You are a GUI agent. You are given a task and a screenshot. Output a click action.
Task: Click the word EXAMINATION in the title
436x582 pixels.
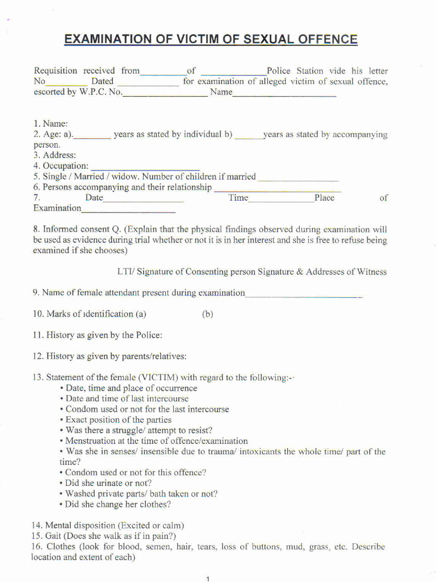click(105, 39)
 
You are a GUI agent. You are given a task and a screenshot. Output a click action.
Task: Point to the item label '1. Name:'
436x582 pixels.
click(51, 123)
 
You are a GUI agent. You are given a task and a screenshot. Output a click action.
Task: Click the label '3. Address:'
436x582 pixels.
click(54, 155)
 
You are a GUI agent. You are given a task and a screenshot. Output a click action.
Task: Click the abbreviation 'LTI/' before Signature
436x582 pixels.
click(125, 272)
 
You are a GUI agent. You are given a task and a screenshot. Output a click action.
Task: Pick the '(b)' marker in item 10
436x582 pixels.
click(207, 314)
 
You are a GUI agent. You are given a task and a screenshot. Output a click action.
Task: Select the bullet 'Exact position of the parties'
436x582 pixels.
click(118, 420)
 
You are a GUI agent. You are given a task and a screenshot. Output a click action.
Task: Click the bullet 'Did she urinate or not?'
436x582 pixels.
click(108, 483)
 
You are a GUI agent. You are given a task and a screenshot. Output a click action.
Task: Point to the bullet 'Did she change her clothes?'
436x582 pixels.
click(118, 504)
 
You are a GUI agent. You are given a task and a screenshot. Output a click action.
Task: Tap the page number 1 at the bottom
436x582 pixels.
click(208, 579)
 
